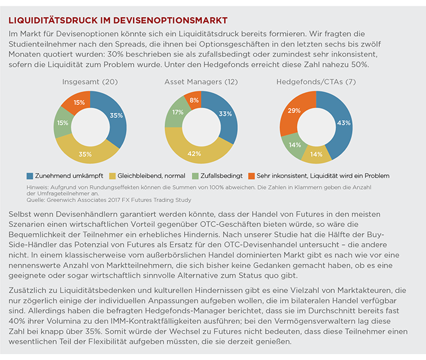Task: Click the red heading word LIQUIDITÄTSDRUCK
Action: click(53, 20)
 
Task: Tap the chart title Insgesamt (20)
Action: click(90, 82)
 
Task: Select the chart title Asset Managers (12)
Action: click(201, 82)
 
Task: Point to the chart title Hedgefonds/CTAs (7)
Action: click(316, 82)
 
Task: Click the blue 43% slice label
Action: click(344, 123)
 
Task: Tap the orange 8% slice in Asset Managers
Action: click(193, 100)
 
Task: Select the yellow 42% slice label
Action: click(194, 154)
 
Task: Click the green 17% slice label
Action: click(177, 112)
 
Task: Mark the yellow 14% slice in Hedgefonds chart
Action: click(316, 154)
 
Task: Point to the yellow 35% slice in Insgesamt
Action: click(86, 153)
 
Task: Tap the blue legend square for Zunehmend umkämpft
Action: click(30, 176)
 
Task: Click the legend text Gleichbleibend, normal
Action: click(151, 176)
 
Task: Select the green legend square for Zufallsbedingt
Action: click(195, 176)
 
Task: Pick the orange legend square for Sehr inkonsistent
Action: click(251, 176)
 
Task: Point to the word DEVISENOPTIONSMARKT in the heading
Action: click(170, 20)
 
